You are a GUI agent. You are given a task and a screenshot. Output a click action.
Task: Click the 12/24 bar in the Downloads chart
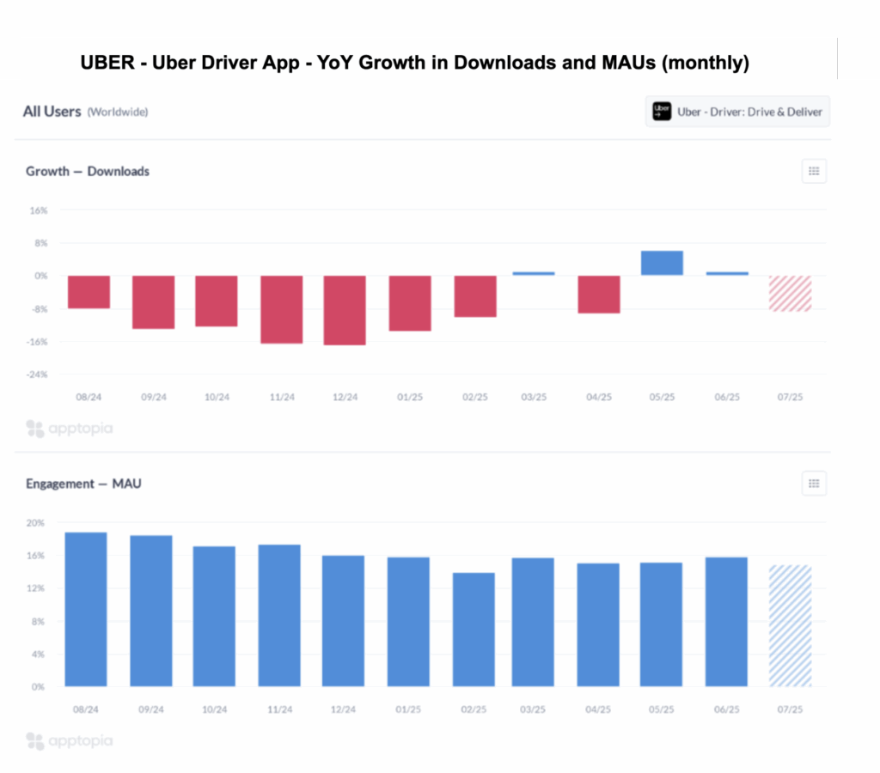pyautogui.click(x=345, y=310)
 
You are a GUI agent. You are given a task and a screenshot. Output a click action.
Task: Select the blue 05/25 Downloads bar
pyautogui.click(x=662, y=263)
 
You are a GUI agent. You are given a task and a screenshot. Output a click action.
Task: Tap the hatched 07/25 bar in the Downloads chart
pyautogui.click(x=790, y=293)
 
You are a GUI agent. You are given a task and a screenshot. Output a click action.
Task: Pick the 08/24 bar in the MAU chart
pyautogui.click(x=86, y=609)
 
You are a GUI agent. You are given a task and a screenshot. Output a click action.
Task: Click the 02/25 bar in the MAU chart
pyautogui.click(x=474, y=630)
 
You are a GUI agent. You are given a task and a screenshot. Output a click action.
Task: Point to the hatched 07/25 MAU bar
pyautogui.click(x=790, y=625)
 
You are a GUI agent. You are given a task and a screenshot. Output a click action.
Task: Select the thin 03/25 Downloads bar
pyautogui.click(x=534, y=273)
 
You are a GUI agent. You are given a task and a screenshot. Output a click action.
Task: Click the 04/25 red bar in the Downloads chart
pyautogui.click(x=598, y=294)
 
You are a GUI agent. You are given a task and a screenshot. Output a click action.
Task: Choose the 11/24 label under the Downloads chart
pyautogui.click(x=281, y=398)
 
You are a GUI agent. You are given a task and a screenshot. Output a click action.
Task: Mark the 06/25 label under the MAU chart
pyautogui.click(x=726, y=710)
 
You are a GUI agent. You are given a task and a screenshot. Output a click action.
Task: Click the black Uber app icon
pyautogui.click(x=662, y=112)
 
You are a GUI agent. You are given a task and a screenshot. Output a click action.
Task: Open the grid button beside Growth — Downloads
pyautogui.click(x=813, y=171)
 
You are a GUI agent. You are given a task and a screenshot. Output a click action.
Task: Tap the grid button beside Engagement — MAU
pyautogui.click(x=813, y=484)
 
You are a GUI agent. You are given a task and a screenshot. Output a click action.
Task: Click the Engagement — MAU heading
pyautogui.click(x=83, y=484)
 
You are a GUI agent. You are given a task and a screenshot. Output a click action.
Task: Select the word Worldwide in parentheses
pyautogui.click(x=118, y=112)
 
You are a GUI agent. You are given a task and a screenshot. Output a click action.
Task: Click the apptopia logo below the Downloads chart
pyautogui.click(x=69, y=428)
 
